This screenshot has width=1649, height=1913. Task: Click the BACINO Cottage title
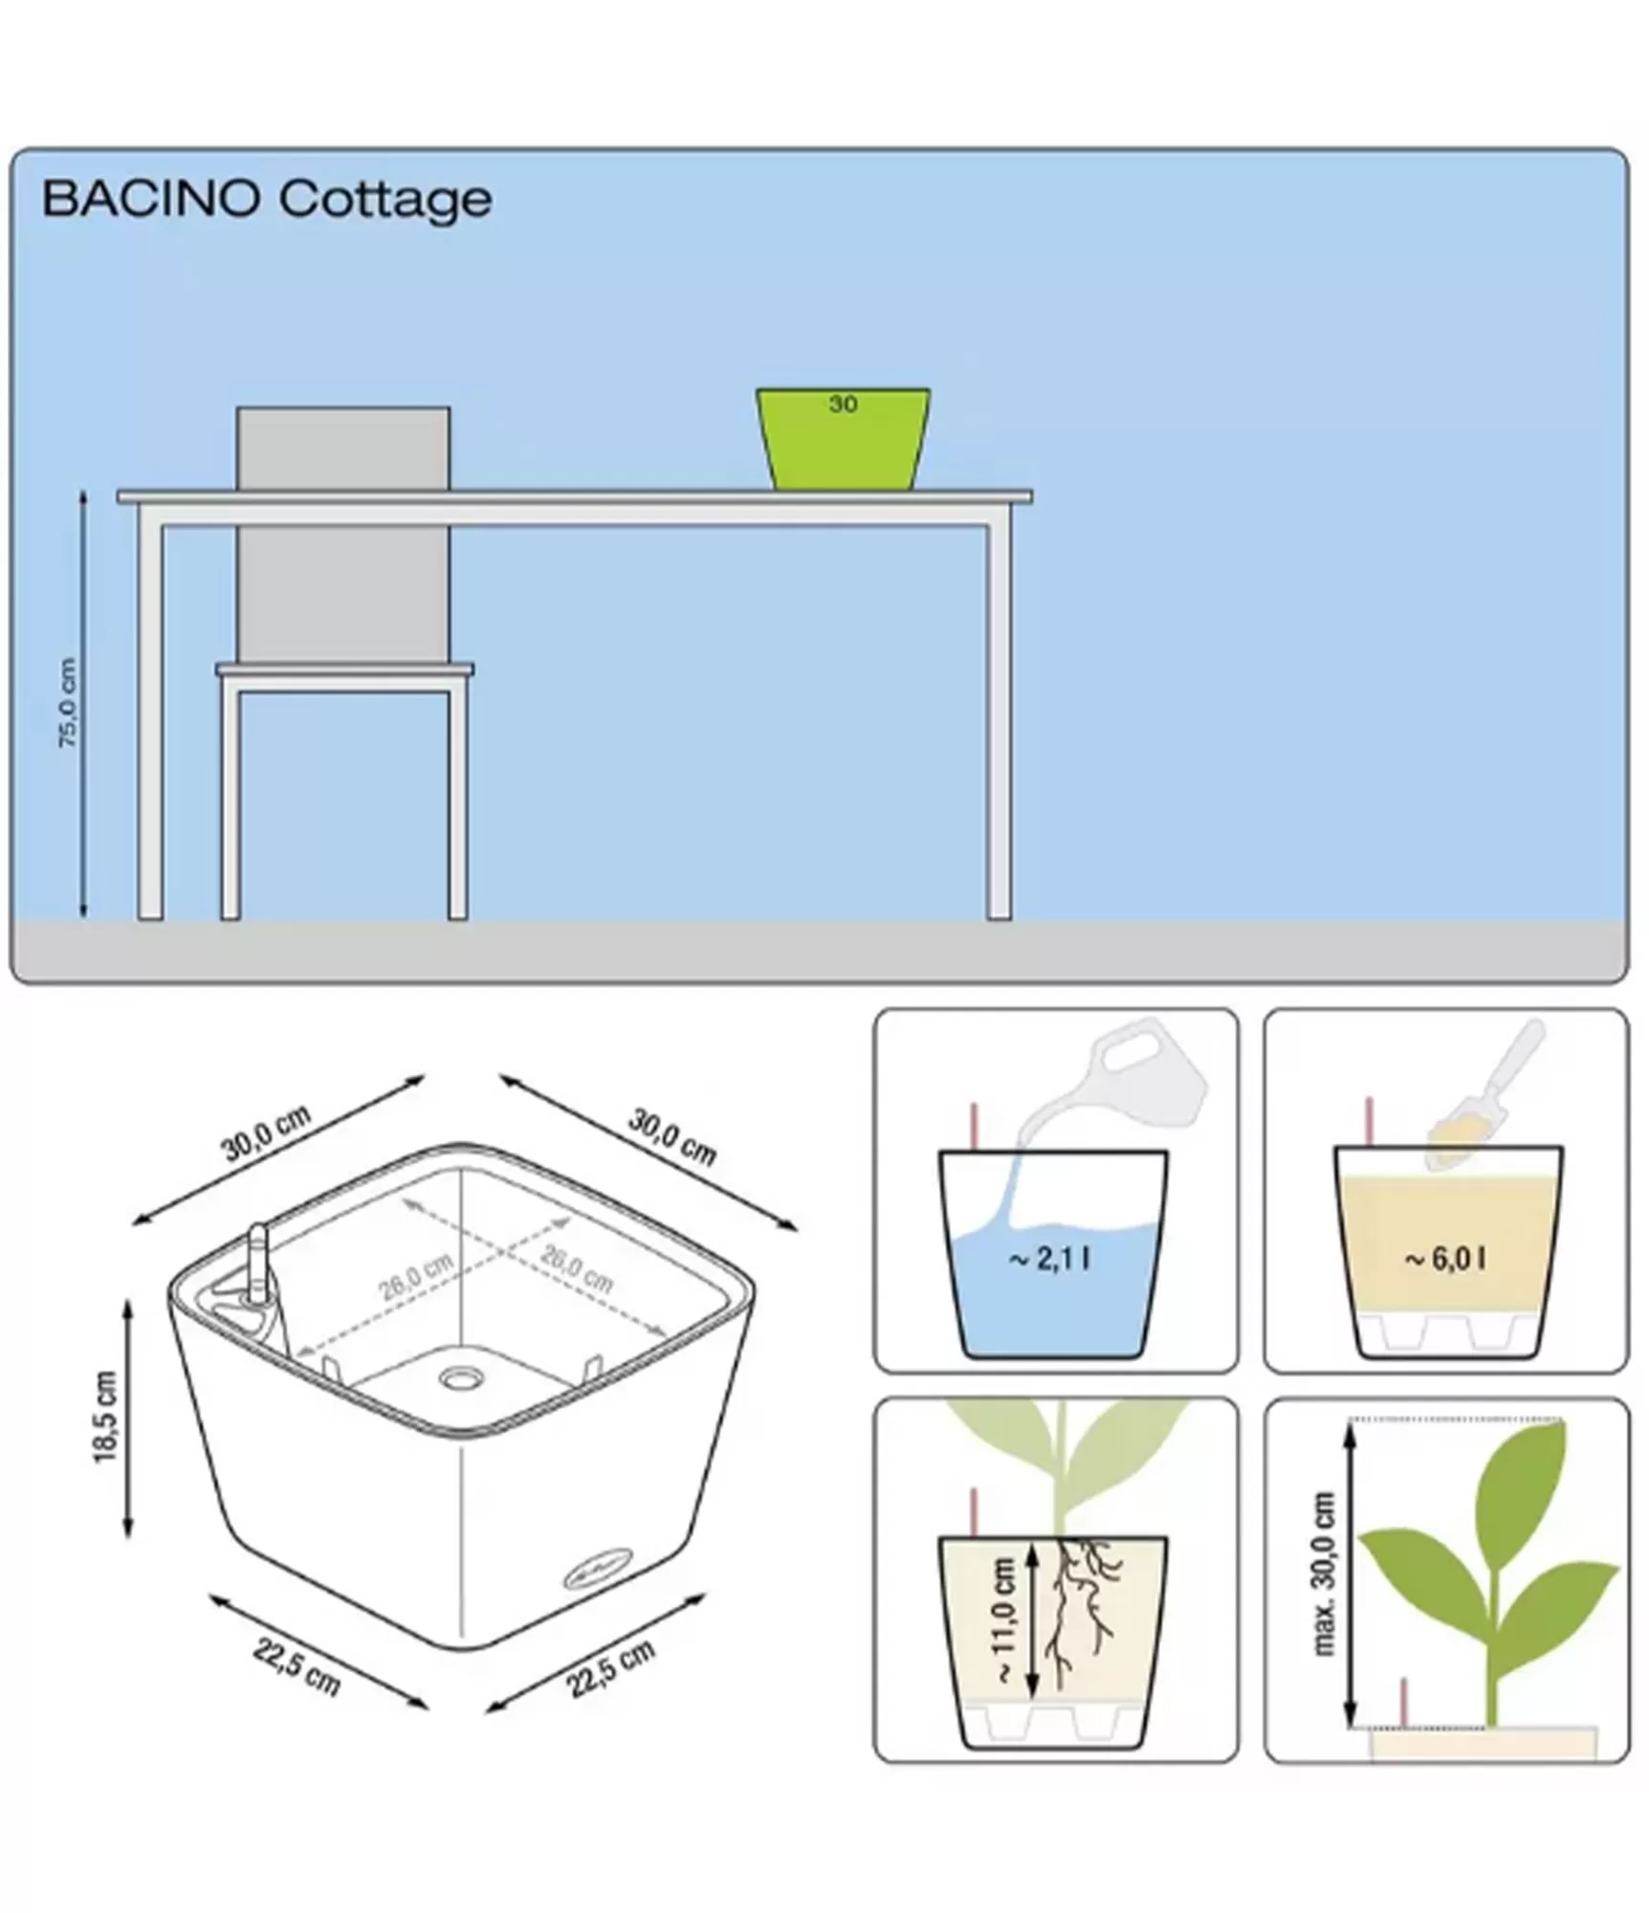[x=267, y=200]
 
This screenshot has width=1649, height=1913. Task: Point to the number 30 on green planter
[x=842, y=405]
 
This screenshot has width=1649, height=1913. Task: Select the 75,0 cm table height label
[x=68, y=703]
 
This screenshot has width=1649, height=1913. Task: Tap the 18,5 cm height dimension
[x=105, y=1417]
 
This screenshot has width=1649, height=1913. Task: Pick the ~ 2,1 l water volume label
[x=1049, y=1259]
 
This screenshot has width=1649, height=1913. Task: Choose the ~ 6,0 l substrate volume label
[x=1445, y=1259]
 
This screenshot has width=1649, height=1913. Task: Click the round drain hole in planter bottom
[x=462, y=1378]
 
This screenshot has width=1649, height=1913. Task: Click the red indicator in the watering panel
[x=975, y=1126]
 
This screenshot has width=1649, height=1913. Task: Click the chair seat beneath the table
[x=344, y=670]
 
